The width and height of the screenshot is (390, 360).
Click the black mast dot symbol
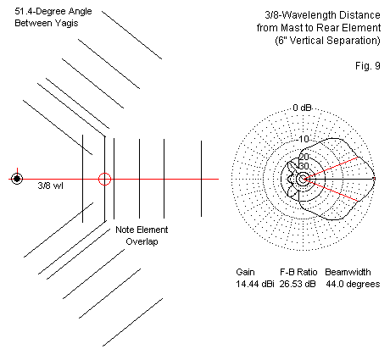(17, 179)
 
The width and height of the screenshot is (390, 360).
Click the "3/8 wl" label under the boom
(51, 186)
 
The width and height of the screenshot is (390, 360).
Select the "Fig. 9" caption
(368, 66)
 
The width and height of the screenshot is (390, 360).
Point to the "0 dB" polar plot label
(302, 108)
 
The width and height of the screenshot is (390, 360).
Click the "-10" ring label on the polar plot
(304, 139)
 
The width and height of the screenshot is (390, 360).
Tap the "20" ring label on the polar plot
(304, 157)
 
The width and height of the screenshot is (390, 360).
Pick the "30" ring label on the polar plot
(304, 166)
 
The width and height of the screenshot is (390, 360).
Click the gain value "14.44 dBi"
(255, 284)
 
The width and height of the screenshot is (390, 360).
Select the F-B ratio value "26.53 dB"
(298, 284)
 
